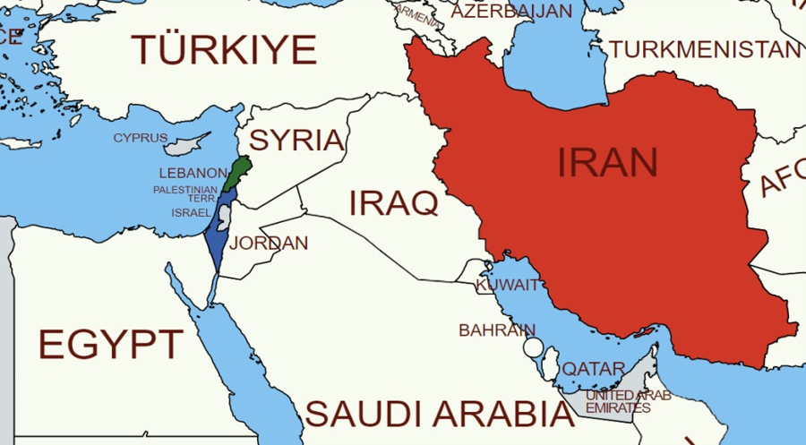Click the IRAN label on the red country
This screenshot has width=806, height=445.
point(607,162)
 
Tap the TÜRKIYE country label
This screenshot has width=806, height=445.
point(224,49)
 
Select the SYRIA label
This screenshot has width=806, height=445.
point(296,140)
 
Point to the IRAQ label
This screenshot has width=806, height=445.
point(393,203)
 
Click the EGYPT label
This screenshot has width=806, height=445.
point(110,344)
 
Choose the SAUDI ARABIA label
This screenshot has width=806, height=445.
point(438,415)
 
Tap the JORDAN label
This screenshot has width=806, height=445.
point(269,244)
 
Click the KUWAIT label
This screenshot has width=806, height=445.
point(508,285)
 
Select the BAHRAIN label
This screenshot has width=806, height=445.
point(497,330)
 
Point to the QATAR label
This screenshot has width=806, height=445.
point(593,369)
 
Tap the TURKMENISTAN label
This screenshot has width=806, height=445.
point(705,49)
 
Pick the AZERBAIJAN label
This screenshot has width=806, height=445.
point(511,12)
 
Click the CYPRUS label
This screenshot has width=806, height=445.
point(140,138)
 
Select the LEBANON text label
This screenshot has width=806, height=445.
point(193,172)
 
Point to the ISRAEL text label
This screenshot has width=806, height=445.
point(191,212)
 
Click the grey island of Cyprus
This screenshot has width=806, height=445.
point(186,143)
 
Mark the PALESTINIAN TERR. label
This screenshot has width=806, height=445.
point(184,193)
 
